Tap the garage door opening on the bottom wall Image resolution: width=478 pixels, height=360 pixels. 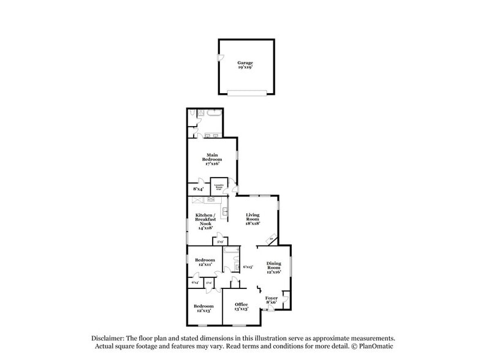(x=246, y=94)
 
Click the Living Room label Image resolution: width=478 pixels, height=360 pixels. (x=253, y=219)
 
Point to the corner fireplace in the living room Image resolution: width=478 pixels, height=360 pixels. (x=271, y=239)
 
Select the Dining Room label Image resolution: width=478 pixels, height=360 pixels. (x=273, y=268)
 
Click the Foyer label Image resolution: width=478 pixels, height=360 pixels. (x=271, y=300)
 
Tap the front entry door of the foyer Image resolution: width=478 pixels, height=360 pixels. (x=268, y=310)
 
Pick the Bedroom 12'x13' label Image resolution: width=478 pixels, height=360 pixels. (x=203, y=308)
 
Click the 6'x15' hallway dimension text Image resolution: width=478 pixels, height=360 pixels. (x=248, y=267)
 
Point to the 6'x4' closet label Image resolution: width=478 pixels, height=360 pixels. (x=194, y=282)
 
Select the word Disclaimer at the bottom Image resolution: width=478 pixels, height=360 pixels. (x=108, y=338)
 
